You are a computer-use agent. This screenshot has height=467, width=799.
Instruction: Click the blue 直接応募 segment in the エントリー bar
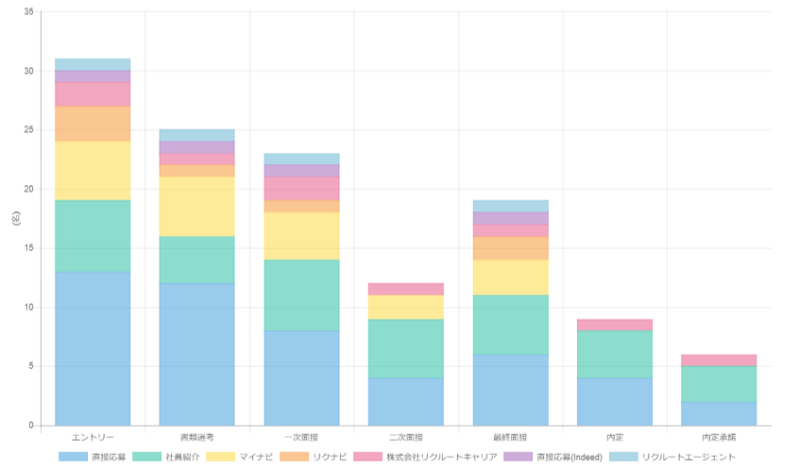[93, 348]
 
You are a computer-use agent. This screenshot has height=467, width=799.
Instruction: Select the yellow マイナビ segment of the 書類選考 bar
[196, 207]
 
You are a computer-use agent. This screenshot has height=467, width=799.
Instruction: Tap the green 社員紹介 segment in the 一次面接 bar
[301, 295]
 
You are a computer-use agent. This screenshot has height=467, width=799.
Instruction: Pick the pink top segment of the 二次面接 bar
[405, 289]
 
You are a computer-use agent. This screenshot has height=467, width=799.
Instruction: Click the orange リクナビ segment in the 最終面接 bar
[510, 248]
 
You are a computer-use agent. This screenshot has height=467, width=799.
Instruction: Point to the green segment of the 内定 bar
[614, 354]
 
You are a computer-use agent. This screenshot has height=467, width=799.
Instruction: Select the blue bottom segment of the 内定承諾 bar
[719, 413]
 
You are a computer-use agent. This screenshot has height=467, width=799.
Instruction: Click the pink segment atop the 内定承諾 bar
[719, 360]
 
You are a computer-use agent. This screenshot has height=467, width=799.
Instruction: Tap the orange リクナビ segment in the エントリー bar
[93, 124]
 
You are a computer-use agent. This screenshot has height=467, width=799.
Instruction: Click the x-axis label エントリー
[93, 438]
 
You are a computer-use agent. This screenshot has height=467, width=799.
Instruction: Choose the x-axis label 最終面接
[510, 438]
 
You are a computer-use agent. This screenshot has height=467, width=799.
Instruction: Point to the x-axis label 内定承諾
[719, 438]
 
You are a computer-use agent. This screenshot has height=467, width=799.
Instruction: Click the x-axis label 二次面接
[405, 438]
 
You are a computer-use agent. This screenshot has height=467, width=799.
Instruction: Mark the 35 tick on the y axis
[28, 12]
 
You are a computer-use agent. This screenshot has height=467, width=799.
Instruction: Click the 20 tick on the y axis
[28, 190]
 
